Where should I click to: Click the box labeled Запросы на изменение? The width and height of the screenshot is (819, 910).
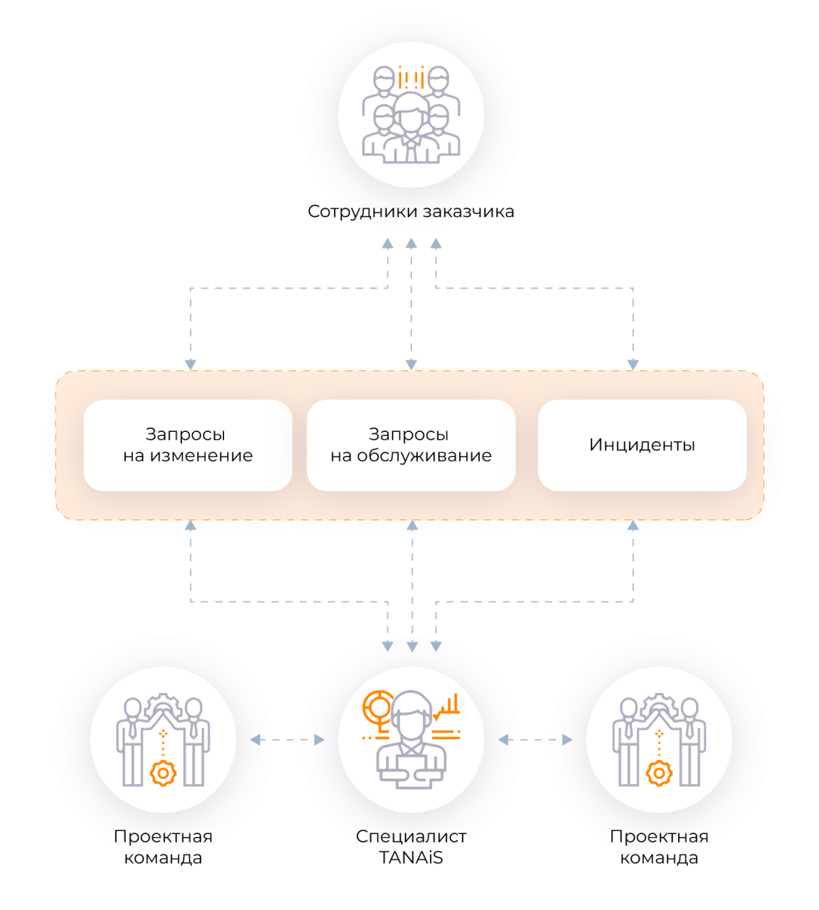coord(188,445)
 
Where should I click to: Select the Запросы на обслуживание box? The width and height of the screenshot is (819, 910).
coord(411,445)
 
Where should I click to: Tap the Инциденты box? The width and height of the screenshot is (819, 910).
coord(642,445)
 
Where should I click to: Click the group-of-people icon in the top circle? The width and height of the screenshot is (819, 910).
coord(410,116)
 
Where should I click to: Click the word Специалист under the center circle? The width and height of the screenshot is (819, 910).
coord(411,837)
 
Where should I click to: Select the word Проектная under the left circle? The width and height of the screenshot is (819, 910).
coord(163,837)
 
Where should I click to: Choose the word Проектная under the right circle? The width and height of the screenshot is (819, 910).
coord(659,837)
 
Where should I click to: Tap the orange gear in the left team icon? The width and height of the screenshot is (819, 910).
coord(163,773)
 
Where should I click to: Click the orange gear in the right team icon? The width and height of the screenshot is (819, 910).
coord(659,773)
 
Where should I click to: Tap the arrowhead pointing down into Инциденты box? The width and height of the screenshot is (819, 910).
coord(633,364)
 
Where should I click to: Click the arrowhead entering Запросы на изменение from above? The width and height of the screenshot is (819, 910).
coord(190,364)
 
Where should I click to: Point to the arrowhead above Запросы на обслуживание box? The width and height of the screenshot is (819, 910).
coord(411,364)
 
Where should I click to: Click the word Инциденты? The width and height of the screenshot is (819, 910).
coord(642,445)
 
